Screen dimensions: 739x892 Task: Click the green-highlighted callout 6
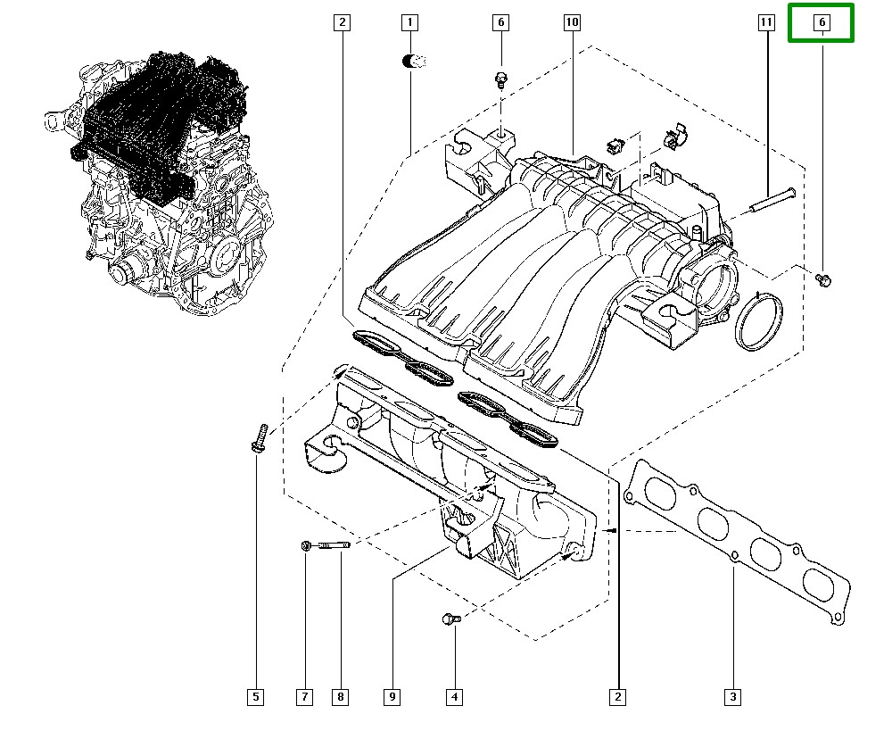822,22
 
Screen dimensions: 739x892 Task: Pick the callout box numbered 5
256,697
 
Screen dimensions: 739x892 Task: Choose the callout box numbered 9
392,697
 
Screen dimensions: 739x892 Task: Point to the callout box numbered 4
454,697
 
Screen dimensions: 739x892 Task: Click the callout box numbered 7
305,697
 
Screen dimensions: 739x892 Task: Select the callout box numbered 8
340,697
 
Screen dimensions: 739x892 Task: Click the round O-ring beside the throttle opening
759,322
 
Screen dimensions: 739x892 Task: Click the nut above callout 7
306,545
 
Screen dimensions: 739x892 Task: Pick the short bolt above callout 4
451,618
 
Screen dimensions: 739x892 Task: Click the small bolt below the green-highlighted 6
823,280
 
